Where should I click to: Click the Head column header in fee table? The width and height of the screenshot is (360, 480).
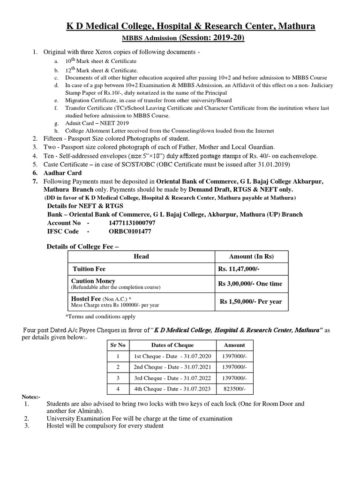[x=141, y=256]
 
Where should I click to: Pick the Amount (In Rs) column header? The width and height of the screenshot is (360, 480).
[x=251, y=256]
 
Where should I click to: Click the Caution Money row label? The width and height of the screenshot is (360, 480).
[x=93, y=281]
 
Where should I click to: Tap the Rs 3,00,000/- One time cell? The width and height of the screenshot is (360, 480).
[x=250, y=284]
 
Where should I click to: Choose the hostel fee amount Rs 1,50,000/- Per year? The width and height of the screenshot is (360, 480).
[x=251, y=301]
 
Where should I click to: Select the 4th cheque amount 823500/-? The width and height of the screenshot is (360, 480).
[x=234, y=389]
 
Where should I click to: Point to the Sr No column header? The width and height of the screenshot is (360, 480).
[x=118, y=345]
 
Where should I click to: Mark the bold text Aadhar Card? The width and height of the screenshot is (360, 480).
[x=63, y=173]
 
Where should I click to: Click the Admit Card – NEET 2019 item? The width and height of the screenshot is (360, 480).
[x=94, y=123]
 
